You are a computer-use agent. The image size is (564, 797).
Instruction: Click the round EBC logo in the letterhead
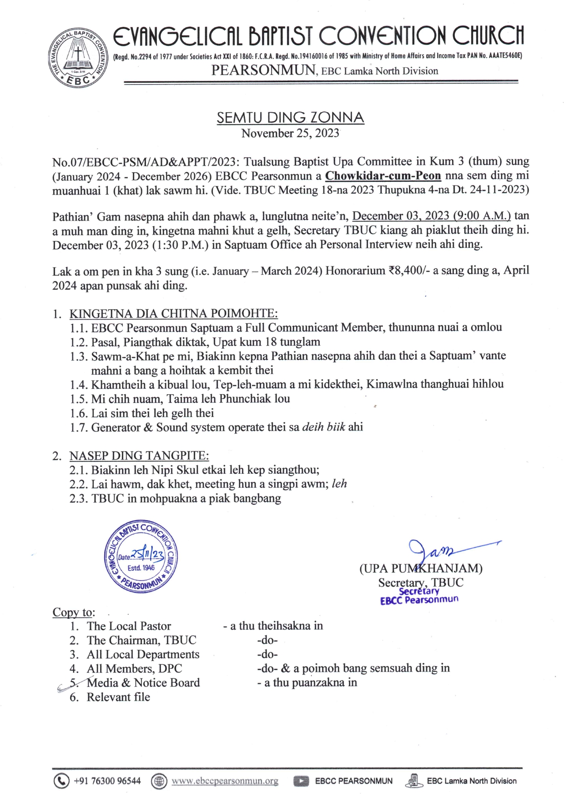(x=78, y=58)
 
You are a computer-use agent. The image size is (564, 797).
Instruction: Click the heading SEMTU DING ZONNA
(x=290, y=118)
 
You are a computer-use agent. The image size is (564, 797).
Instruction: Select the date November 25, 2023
(x=290, y=133)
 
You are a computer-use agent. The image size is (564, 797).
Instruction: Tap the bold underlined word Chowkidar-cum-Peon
(x=383, y=175)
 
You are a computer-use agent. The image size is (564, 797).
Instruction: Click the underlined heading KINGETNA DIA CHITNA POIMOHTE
(x=173, y=314)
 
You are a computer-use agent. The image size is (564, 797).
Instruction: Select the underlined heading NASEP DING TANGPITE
(x=139, y=456)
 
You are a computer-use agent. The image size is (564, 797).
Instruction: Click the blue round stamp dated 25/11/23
(x=141, y=556)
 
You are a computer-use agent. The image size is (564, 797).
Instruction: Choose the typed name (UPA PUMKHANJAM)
(x=421, y=568)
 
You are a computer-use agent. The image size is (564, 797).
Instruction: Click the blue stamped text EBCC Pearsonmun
(x=419, y=600)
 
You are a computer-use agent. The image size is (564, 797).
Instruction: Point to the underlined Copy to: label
(x=74, y=612)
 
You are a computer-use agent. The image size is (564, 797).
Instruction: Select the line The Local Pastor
(x=129, y=626)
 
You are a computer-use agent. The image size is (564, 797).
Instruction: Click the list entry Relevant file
(x=118, y=697)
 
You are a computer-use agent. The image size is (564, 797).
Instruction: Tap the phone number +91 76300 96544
(x=107, y=781)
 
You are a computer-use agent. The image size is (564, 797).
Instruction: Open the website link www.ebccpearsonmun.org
(x=225, y=781)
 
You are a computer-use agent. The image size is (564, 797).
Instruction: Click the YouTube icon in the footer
(x=301, y=781)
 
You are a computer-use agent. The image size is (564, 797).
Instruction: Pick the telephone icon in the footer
(x=61, y=781)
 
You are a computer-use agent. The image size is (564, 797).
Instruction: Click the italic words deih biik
(x=323, y=427)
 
